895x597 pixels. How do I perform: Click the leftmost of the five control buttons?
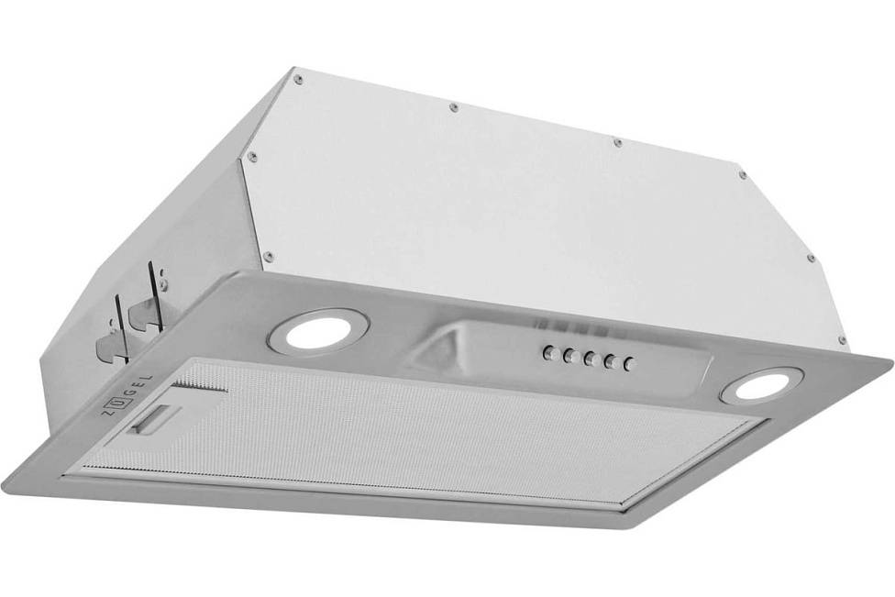(x=548, y=353)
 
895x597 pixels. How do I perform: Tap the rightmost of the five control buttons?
(x=629, y=363)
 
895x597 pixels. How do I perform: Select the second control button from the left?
(x=569, y=356)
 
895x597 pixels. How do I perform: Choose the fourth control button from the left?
(x=610, y=361)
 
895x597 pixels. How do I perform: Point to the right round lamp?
(x=762, y=384)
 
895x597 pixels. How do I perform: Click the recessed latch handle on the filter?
(x=154, y=418)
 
